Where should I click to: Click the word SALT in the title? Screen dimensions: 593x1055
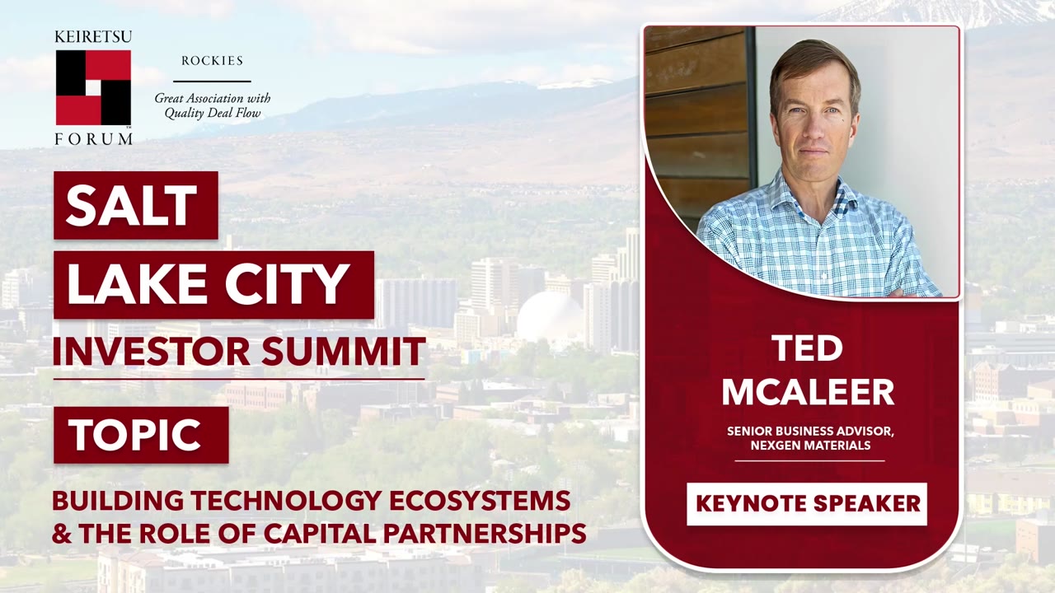click(x=132, y=206)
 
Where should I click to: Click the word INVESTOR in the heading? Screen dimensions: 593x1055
click(x=152, y=352)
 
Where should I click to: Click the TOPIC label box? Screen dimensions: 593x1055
click(x=140, y=435)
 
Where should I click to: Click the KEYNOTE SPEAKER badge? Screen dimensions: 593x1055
click(x=807, y=504)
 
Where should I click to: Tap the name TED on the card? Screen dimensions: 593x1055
click(x=807, y=349)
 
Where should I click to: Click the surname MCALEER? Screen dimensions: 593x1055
click(x=807, y=392)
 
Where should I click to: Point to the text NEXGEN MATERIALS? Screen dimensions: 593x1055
click(x=809, y=446)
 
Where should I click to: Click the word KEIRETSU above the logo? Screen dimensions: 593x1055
click(x=93, y=37)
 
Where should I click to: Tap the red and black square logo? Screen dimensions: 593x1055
click(x=93, y=87)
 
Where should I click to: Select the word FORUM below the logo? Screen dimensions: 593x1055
click(x=93, y=139)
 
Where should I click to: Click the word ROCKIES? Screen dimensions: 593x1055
click(x=212, y=61)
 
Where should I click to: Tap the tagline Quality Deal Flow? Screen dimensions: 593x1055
click(x=212, y=114)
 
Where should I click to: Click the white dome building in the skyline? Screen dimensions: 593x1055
click(x=550, y=317)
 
